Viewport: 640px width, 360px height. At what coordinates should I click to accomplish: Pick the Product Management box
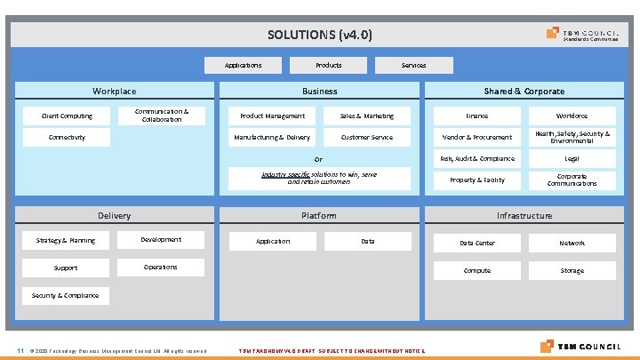[x=272, y=116]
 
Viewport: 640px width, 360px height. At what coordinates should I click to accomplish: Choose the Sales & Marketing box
[x=367, y=116]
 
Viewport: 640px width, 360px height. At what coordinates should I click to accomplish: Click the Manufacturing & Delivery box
[x=272, y=137]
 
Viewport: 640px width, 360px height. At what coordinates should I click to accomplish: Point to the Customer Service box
[x=367, y=137]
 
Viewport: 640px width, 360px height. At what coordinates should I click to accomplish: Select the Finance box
[x=476, y=116]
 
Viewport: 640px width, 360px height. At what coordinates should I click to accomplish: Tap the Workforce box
[x=572, y=116]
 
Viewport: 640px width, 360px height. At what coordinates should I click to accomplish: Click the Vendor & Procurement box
[x=476, y=137]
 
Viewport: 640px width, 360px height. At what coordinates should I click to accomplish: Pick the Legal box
[x=572, y=158]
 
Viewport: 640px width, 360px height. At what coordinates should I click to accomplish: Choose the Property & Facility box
[x=476, y=180]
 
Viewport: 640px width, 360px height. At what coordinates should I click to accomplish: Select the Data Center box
[x=476, y=243]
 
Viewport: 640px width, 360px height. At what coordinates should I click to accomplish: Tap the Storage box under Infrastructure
[x=572, y=270]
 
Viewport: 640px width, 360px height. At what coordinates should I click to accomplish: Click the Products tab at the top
[x=329, y=65]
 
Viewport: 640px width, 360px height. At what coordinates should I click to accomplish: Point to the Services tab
[x=413, y=65]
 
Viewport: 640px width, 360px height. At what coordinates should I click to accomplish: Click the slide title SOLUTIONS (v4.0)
[x=320, y=36]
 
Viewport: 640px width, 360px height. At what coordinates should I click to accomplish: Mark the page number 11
[x=20, y=349]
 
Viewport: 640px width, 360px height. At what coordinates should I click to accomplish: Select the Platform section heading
[x=319, y=215]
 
